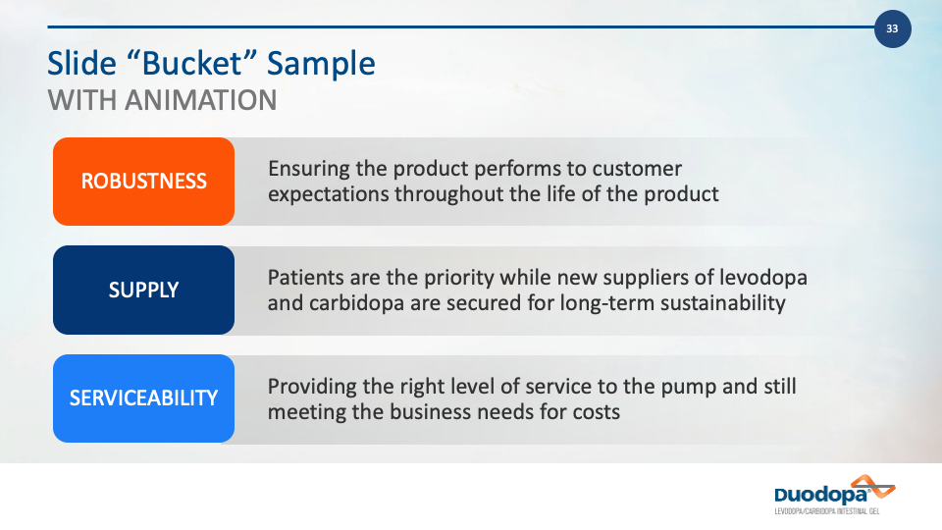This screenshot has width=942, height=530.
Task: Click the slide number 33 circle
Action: click(x=892, y=28)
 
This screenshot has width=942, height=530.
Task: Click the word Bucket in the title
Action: click(x=191, y=63)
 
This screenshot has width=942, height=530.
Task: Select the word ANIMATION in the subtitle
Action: click(x=200, y=100)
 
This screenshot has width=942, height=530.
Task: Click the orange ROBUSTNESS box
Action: click(x=143, y=182)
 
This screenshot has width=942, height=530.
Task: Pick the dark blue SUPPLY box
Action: click(x=143, y=290)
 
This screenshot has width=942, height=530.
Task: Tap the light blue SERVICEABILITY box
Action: click(x=143, y=398)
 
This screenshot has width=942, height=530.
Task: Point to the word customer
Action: click(x=637, y=169)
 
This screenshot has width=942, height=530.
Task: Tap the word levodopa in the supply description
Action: click(x=763, y=278)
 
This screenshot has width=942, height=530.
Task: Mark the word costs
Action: click(x=596, y=412)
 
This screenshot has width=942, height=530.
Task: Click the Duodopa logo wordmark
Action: click(x=821, y=495)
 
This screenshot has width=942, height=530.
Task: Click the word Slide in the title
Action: click(x=81, y=63)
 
